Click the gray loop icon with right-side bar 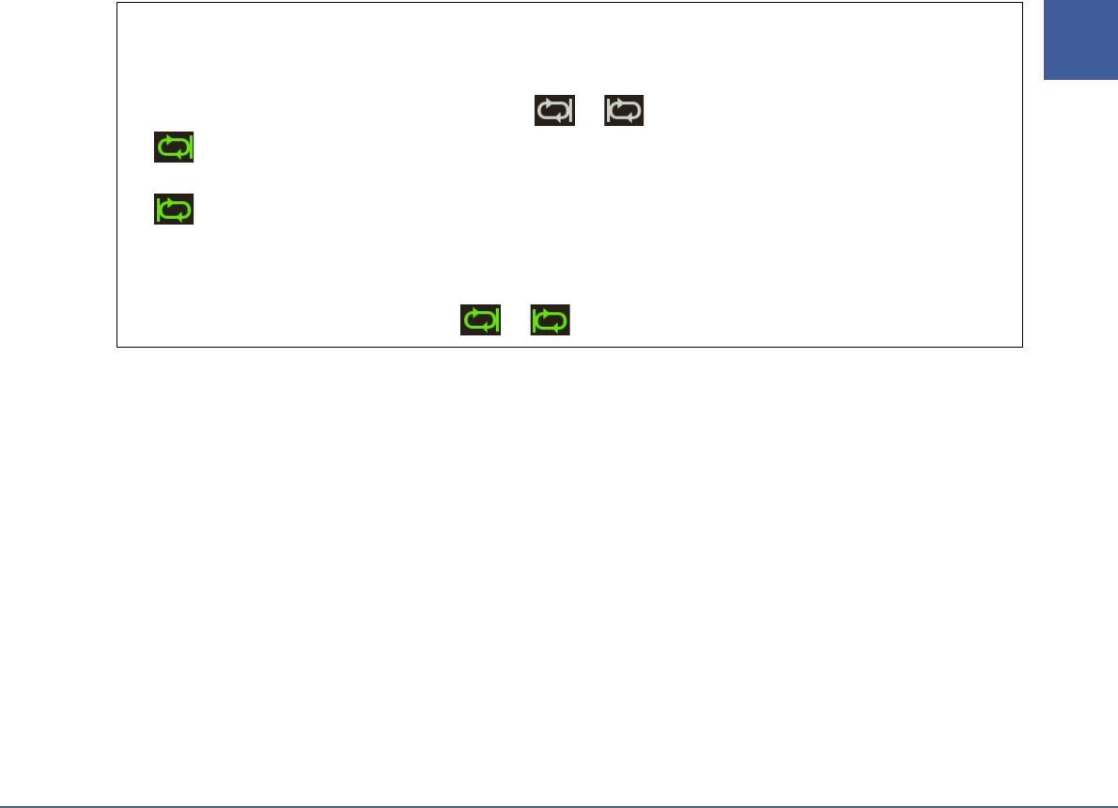(554, 110)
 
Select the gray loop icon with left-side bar (624, 110)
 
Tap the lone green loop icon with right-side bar (174, 148)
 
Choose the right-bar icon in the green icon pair (480, 320)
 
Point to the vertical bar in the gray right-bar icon (568, 110)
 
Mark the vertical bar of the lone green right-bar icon (188, 148)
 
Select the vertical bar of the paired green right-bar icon (494, 320)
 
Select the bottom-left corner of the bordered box (116, 348)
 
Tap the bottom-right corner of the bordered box (1021, 348)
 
